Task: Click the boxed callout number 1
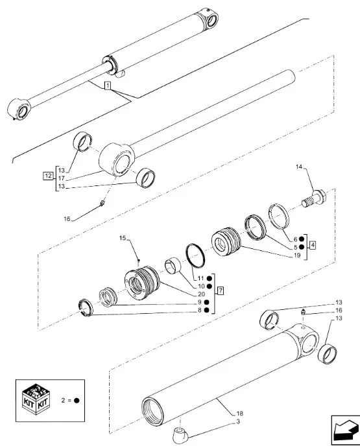tap(108, 85)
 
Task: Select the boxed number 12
tap(48, 176)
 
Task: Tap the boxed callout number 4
tap(313, 245)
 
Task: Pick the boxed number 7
tap(221, 291)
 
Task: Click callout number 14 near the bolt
tap(299, 167)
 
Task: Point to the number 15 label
tap(123, 238)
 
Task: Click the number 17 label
tap(62, 178)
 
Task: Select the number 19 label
tap(297, 255)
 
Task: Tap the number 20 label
tap(201, 294)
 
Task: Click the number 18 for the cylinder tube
tap(239, 413)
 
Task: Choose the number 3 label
tap(238, 421)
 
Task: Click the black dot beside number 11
tap(209, 278)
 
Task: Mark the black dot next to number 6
tap(301, 239)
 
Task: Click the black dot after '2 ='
tap(77, 400)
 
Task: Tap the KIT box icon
tap(36, 400)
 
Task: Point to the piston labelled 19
tap(226, 241)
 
